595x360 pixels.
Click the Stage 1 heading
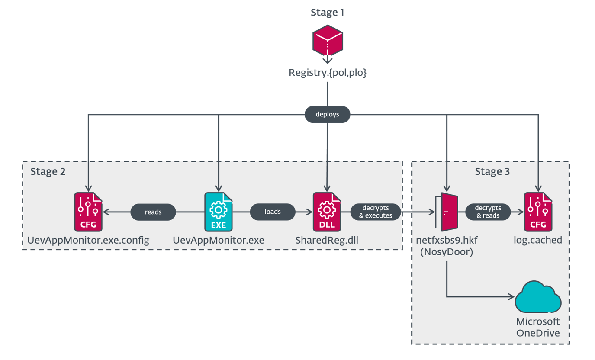[x=328, y=13]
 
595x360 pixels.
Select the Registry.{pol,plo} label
[x=328, y=73]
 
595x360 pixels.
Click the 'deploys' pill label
[x=327, y=115]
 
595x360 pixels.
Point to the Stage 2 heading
[x=48, y=171]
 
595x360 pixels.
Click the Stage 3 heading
[x=492, y=171]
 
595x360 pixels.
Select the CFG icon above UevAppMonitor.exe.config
[x=88, y=212]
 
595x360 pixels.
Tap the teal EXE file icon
[x=219, y=212]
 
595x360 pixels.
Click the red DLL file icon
[x=327, y=212]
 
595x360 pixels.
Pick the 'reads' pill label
[x=153, y=212]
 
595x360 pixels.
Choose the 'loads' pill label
[x=273, y=212]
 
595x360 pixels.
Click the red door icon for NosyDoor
[x=446, y=212]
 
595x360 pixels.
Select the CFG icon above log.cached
[x=538, y=212]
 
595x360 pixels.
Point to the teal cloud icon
[x=538, y=297]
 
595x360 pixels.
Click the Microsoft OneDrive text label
[x=538, y=328]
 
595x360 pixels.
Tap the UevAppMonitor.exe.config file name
[x=88, y=240]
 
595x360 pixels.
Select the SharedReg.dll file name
[x=327, y=240]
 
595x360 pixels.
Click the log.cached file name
[x=538, y=240]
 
